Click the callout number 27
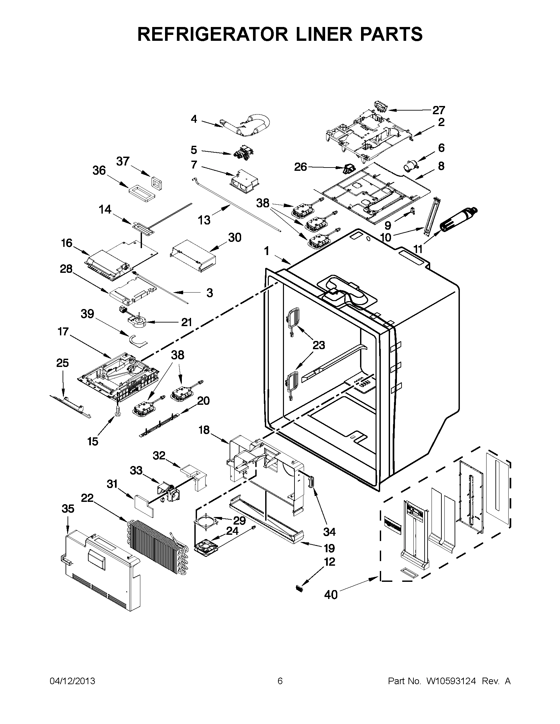click(438, 110)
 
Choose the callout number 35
click(68, 508)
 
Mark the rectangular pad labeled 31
click(144, 506)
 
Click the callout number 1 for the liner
click(267, 251)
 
